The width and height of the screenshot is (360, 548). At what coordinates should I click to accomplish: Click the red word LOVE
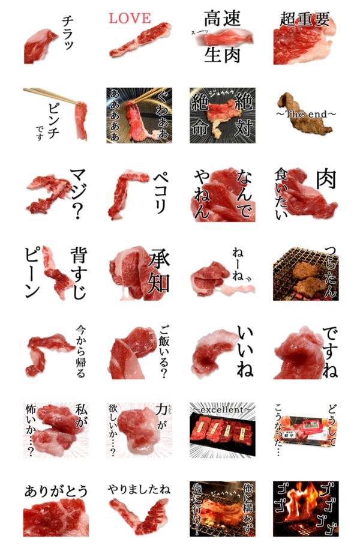[130, 19]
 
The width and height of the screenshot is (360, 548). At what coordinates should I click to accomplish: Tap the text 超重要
[305, 19]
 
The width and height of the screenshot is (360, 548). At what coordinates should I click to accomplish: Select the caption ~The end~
[305, 113]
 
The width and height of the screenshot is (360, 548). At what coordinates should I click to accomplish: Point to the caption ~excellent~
[222, 410]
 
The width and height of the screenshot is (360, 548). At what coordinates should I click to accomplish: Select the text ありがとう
[53, 490]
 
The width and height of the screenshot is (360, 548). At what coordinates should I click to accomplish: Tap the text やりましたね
[139, 490]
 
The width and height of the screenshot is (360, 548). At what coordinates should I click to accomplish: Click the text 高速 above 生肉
[222, 19]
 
